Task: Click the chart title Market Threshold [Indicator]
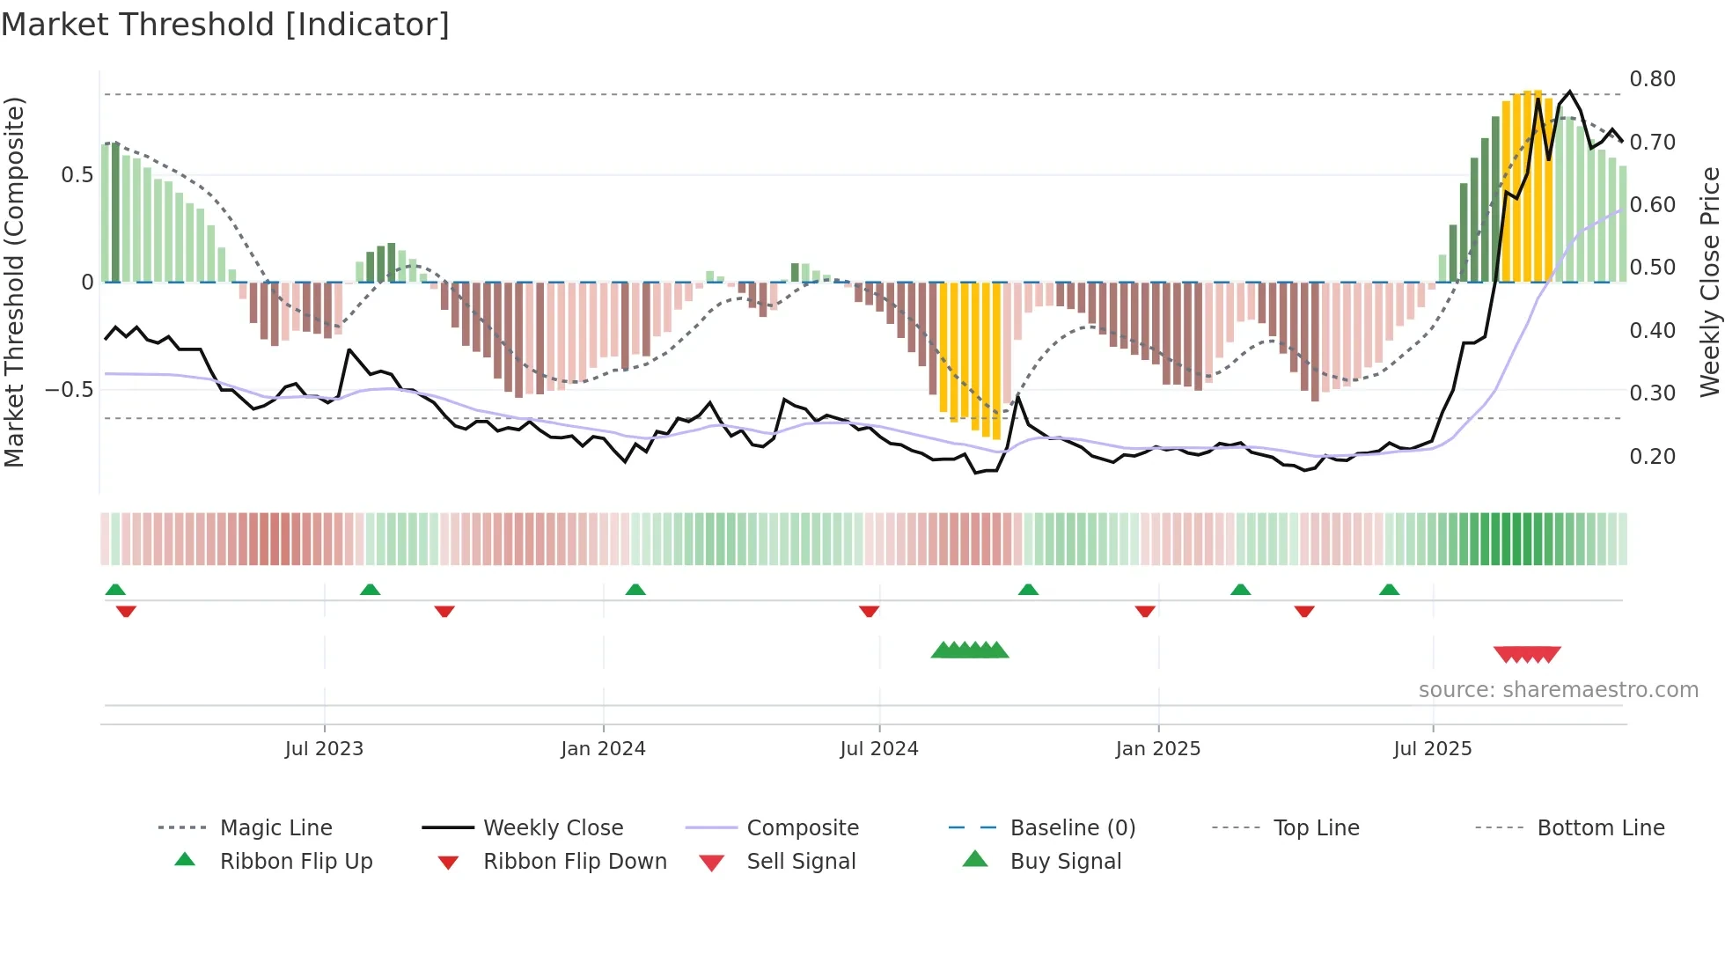tap(225, 25)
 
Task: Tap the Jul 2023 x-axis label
tap(324, 749)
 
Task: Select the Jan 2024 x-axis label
tap(603, 749)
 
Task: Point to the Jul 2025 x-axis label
tap(1432, 749)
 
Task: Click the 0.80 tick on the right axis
tap(1652, 79)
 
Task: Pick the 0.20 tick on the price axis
tap(1652, 456)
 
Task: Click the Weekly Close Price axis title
tap(1709, 282)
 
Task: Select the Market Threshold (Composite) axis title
tap(14, 282)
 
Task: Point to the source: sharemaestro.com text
tap(1558, 690)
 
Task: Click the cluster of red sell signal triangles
tap(1527, 654)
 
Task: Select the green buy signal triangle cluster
tap(969, 650)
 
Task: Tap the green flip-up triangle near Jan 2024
tap(635, 590)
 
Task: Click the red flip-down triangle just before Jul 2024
tap(869, 611)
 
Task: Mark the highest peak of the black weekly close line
tap(1569, 92)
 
